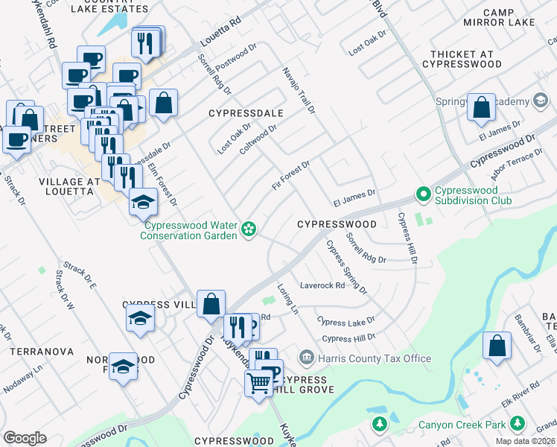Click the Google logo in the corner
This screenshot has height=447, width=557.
coord(25,438)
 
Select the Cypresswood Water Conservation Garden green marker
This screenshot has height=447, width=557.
coord(249,232)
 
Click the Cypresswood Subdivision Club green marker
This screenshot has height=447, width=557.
coord(424,194)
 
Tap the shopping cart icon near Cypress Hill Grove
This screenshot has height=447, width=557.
coord(258,384)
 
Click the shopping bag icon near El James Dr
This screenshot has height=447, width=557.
coord(482,108)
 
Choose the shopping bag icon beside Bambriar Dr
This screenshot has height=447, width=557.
coord(497,346)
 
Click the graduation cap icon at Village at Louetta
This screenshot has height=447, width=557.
coord(143,201)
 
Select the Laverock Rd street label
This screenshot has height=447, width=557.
coord(322,285)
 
